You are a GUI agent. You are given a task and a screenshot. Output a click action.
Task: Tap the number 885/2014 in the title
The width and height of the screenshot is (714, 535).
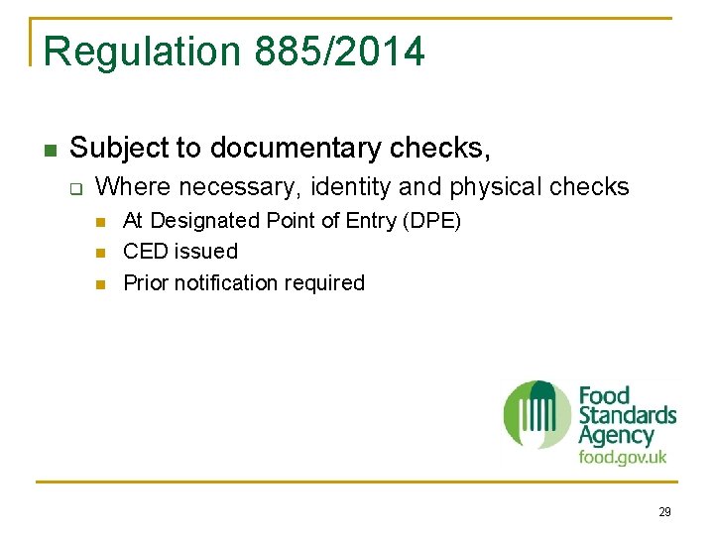[339, 52]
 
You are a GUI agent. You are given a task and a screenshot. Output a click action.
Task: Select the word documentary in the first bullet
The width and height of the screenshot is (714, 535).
[297, 149]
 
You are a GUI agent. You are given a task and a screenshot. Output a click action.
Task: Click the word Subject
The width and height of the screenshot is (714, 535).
[119, 149]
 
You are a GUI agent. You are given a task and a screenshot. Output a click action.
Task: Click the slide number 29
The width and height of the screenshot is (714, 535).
[664, 512]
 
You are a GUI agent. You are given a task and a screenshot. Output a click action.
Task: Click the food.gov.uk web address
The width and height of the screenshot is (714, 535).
[623, 458]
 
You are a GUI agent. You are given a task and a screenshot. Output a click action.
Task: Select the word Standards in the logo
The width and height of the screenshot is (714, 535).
[627, 415]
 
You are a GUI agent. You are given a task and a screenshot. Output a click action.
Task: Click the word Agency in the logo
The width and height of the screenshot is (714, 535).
[616, 435]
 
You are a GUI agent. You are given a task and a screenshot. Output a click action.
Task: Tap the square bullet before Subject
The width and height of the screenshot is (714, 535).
[50, 151]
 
